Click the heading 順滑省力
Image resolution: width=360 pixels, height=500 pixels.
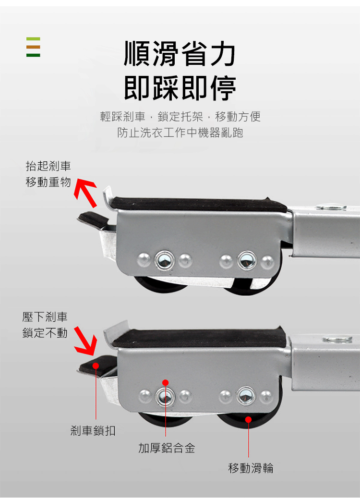[180, 54]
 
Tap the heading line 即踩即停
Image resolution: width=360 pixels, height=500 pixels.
[180, 88]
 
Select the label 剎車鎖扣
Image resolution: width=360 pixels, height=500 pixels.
[93, 431]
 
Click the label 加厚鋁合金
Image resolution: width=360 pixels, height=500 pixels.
[167, 448]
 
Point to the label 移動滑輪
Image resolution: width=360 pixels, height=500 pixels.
[251, 468]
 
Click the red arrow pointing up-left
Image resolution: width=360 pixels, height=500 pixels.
[86, 193]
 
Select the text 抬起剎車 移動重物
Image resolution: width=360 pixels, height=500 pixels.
[48, 174]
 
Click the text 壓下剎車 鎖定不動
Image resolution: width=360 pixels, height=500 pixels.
[45, 325]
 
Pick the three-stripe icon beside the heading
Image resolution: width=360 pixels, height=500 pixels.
[33, 47]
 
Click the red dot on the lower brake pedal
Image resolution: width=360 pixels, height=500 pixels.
[96, 366]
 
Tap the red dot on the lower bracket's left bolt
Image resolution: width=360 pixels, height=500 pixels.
[165, 383]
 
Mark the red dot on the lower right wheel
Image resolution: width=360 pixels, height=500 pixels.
[249, 420]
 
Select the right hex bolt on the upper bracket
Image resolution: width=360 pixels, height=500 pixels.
[247, 260]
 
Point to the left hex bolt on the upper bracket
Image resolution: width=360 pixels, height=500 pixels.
[164, 260]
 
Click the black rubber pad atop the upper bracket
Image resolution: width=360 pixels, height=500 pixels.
[199, 204]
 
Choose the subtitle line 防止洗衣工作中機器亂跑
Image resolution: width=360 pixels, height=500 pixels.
[180, 133]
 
